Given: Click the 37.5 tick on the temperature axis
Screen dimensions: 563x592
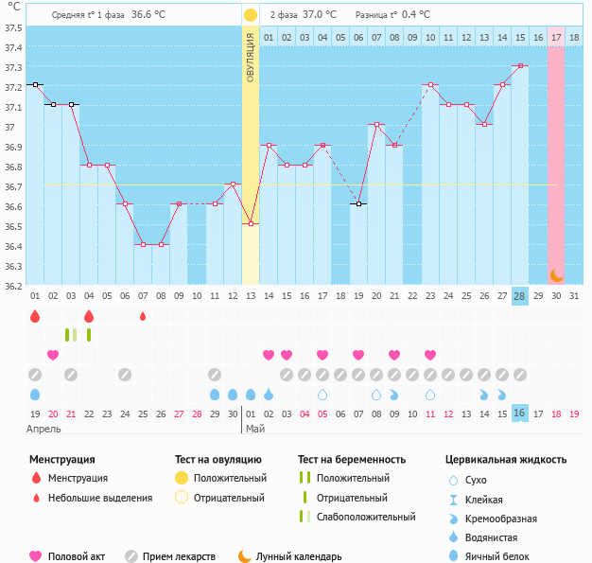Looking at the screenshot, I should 13,27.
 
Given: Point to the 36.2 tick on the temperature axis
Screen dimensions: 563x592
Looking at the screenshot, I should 13,286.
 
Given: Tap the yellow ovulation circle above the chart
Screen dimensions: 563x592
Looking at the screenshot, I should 250,15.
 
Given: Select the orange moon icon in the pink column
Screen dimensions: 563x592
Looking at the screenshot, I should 557,275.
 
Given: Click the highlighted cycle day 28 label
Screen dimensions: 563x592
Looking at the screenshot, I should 520,296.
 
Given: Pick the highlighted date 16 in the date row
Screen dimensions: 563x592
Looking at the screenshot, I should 520,413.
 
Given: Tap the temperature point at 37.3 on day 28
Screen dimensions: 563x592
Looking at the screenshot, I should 520,65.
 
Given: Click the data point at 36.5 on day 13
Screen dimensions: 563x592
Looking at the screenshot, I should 251,224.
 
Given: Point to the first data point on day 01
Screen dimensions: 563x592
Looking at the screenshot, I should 35,85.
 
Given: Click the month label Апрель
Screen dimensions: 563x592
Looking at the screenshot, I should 44,429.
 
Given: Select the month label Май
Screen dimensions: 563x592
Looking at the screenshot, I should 255,429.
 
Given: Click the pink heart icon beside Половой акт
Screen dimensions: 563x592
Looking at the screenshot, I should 36,556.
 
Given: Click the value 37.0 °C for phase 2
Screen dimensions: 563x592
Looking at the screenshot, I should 320,15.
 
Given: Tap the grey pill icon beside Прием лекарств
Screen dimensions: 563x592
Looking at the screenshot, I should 131,556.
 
